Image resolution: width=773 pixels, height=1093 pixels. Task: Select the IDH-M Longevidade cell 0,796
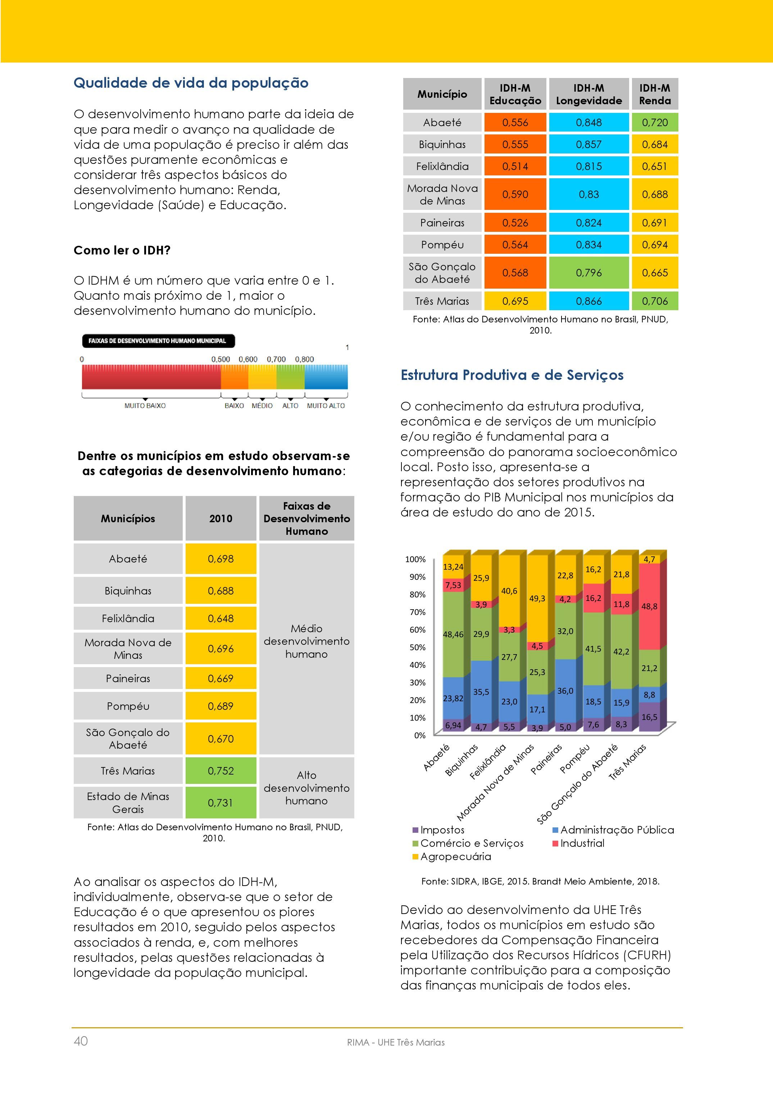pyautogui.click(x=589, y=273)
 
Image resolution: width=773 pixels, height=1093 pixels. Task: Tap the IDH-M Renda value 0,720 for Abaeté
pyautogui.click(x=655, y=122)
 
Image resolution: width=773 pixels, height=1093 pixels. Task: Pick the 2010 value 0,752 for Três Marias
pyautogui.click(x=221, y=771)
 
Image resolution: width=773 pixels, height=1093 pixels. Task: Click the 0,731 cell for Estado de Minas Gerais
pyautogui.click(x=221, y=803)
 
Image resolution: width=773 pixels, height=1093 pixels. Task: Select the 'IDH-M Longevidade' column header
pyautogui.click(x=589, y=94)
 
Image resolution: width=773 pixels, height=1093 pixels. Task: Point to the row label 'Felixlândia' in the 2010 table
pyautogui.click(x=128, y=618)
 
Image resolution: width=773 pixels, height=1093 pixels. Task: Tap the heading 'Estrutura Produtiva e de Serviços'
pyautogui.click(x=512, y=375)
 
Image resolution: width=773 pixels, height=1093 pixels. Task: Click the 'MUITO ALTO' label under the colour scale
pyautogui.click(x=326, y=405)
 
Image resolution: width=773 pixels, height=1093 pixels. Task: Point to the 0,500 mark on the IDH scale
pyautogui.click(x=220, y=359)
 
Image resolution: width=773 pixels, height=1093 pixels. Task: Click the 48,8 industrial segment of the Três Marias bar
pyautogui.click(x=649, y=606)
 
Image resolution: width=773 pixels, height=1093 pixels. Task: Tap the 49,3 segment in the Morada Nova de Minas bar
pyautogui.click(x=537, y=598)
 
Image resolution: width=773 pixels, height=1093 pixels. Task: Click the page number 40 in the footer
pyautogui.click(x=81, y=1041)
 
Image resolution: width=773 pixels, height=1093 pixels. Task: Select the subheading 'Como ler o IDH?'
pyautogui.click(x=122, y=251)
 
